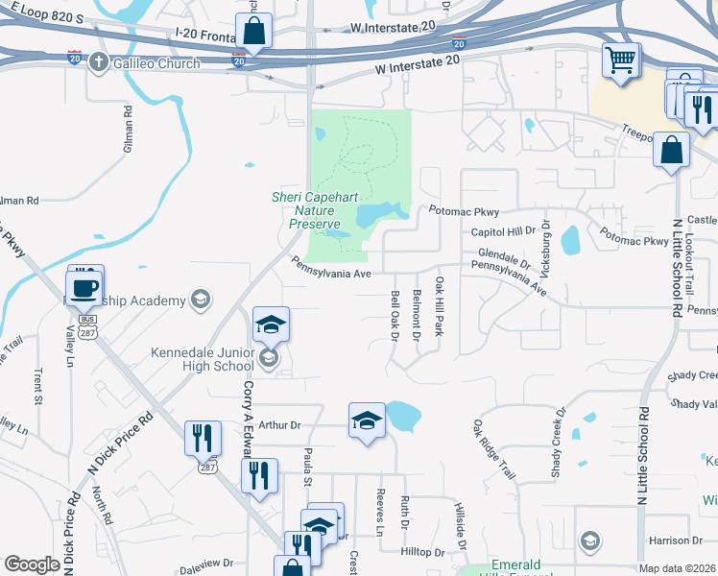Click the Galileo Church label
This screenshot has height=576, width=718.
156,63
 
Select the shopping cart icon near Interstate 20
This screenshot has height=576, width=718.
620,60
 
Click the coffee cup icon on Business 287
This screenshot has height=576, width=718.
84,286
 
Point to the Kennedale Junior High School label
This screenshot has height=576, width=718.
203,358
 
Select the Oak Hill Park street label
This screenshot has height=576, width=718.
439,306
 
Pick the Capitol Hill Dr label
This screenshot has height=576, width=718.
502,231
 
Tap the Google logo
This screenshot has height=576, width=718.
32,564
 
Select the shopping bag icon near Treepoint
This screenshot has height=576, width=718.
672,152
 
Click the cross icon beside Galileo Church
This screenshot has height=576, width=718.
98,63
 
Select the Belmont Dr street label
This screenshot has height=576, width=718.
417,315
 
